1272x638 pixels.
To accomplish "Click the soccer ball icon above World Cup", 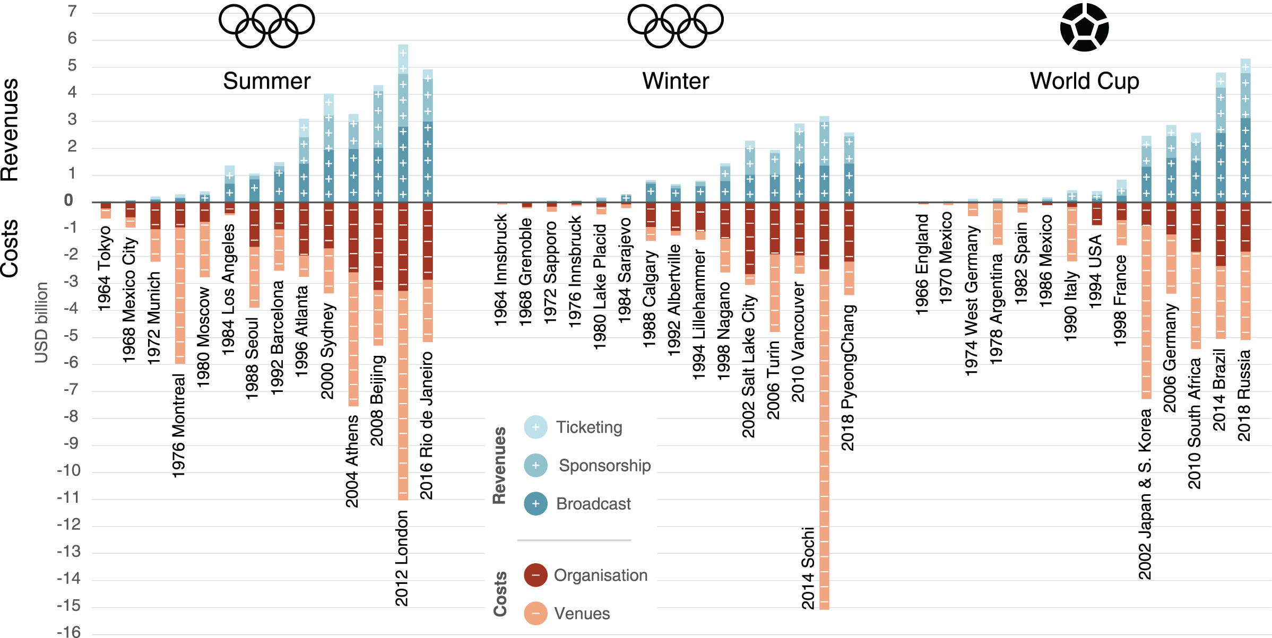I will click(x=1084, y=27).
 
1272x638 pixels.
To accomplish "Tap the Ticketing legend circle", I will click(x=535, y=427).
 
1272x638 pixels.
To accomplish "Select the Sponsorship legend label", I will click(x=604, y=466).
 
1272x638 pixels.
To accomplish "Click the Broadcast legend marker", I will click(x=535, y=504).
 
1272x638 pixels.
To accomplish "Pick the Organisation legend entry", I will click(x=600, y=575).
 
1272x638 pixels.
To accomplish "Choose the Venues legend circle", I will click(x=535, y=614).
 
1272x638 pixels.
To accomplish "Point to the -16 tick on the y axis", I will click(x=69, y=632).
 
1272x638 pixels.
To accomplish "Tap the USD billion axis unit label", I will click(x=41, y=322).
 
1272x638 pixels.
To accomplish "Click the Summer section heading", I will click(x=266, y=81).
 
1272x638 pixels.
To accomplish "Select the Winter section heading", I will click(x=675, y=81).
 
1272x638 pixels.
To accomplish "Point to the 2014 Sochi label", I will click(x=808, y=568).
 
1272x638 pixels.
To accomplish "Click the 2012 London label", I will click(x=402, y=558).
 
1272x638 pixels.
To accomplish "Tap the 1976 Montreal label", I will click(x=179, y=425).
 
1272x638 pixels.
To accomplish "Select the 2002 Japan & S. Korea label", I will click(x=1145, y=494).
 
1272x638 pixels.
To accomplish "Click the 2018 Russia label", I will click(x=1244, y=395).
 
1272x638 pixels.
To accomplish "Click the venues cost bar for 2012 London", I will click(x=403, y=395).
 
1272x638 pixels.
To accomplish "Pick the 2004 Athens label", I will click(x=352, y=461).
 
